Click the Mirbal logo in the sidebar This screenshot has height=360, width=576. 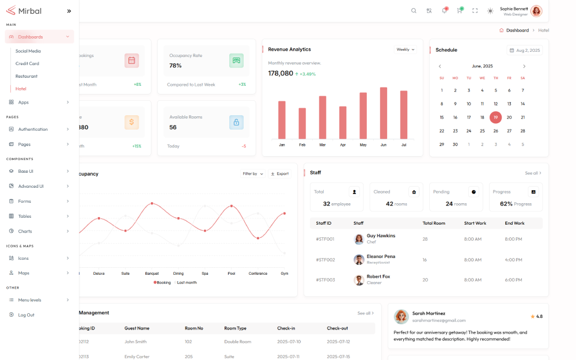coord(24,10)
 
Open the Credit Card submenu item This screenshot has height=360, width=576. coord(27,63)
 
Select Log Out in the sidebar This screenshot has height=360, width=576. coord(26,315)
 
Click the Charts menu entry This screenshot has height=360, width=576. coord(25,231)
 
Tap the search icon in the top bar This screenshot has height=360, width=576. coord(414,10)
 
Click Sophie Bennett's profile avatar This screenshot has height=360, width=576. coord(536,11)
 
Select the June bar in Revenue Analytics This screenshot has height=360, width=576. coord(383,113)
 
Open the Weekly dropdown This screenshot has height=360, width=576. coord(406,50)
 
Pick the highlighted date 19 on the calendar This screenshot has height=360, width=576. coord(495,118)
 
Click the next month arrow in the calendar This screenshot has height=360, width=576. coord(524,66)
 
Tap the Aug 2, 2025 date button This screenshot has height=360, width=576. coord(525,51)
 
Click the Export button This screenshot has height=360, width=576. coord(279,173)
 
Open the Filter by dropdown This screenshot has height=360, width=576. coord(253,173)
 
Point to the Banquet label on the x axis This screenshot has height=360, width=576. coord(151,274)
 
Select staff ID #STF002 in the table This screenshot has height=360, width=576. coord(325,260)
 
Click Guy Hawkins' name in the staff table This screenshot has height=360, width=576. coord(381,236)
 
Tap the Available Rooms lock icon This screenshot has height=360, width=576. coord(236,122)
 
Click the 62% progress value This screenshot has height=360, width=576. coord(506,204)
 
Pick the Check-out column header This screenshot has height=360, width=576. coord(337,328)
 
